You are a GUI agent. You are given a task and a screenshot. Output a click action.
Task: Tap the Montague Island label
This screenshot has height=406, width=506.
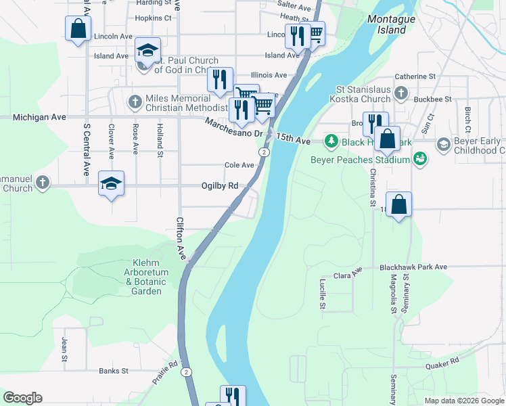(391, 24)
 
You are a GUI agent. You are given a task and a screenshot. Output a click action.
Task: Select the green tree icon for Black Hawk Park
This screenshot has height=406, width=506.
(331, 141)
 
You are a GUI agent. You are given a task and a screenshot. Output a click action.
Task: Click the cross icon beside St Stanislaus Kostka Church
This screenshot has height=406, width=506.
(401, 93)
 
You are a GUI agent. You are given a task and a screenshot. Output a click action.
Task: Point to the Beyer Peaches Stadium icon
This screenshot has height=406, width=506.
(421, 160)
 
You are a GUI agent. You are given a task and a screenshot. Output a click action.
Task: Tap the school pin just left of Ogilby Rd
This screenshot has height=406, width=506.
(112, 183)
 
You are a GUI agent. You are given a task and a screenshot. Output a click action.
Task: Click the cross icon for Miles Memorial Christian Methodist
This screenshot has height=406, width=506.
(134, 102)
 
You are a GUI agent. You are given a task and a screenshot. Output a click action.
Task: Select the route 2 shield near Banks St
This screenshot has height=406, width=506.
(186, 371)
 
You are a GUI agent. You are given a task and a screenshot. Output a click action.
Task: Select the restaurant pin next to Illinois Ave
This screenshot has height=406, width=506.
(220, 80)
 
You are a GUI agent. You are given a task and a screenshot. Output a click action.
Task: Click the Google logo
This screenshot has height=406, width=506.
(22, 398)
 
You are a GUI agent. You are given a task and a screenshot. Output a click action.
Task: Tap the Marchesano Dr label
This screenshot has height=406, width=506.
(234, 128)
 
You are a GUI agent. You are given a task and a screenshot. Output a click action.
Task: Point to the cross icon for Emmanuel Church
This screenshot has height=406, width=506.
(43, 182)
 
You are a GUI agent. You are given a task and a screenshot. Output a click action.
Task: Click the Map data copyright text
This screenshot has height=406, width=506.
(463, 401)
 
